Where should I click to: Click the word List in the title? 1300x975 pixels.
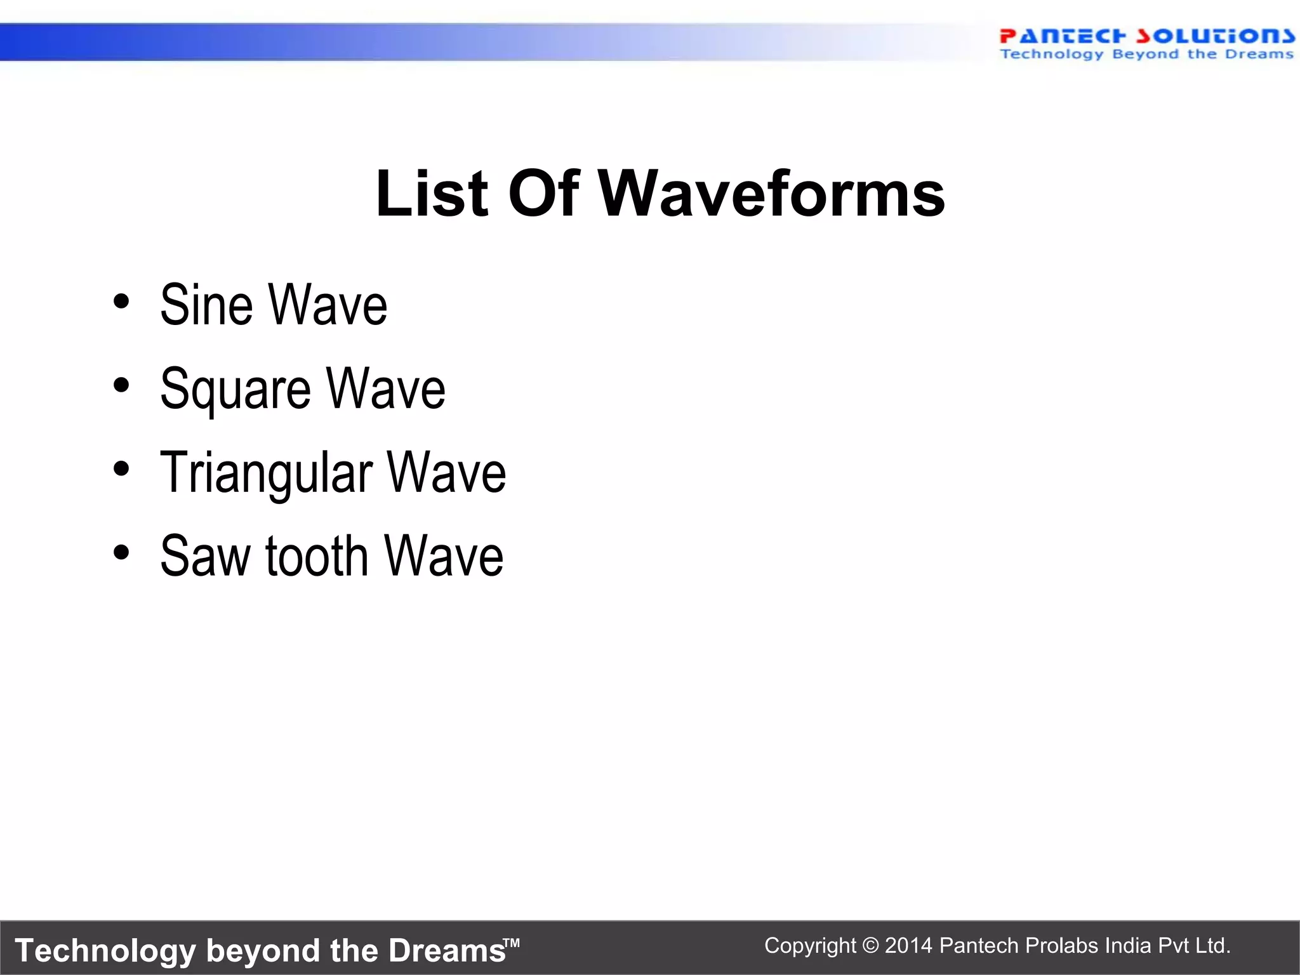click(432, 194)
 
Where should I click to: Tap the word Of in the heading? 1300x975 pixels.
click(543, 194)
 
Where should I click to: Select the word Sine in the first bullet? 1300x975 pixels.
click(206, 305)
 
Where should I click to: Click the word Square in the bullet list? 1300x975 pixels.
click(235, 390)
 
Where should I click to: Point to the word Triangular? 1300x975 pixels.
click(266, 474)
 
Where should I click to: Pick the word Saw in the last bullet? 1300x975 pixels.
click(206, 557)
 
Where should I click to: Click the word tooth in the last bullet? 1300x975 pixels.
click(316, 557)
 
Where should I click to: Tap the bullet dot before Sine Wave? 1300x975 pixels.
click(121, 301)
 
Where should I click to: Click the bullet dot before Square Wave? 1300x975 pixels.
click(121, 385)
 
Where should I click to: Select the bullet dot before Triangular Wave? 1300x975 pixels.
click(121, 468)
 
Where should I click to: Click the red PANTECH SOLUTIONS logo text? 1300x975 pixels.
click(1146, 36)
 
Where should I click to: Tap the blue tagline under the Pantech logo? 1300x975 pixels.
click(1146, 55)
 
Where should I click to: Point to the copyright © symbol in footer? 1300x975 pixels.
click(871, 946)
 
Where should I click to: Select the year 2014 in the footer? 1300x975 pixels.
click(908, 946)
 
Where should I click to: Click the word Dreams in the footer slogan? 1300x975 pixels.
click(446, 951)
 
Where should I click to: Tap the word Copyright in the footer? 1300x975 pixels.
click(809, 946)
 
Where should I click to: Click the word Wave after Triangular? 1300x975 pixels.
click(446, 474)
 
